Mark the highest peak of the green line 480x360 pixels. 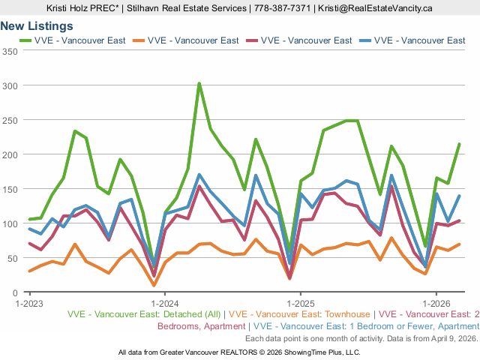click(x=199, y=84)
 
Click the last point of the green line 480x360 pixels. click(x=459, y=144)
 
